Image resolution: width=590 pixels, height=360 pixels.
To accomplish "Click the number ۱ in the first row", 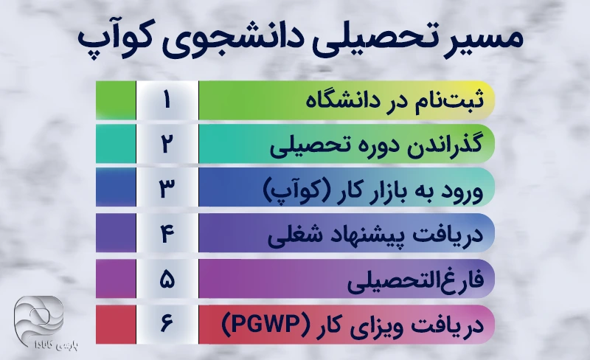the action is point(167,100).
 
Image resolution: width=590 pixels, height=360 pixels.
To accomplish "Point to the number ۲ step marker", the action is point(167,144).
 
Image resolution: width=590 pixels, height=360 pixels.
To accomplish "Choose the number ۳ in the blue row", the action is point(167,188).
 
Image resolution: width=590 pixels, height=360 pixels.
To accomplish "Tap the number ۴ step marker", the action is point(167,233).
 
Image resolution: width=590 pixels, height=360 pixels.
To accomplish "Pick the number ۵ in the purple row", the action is point(167,279).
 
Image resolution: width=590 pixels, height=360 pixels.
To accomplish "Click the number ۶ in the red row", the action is point(167,325).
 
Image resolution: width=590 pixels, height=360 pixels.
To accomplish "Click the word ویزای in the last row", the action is point(378,326).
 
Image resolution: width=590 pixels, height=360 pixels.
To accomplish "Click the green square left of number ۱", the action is point(116,100).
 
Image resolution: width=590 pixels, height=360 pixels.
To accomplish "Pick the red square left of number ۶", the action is point(116,325).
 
